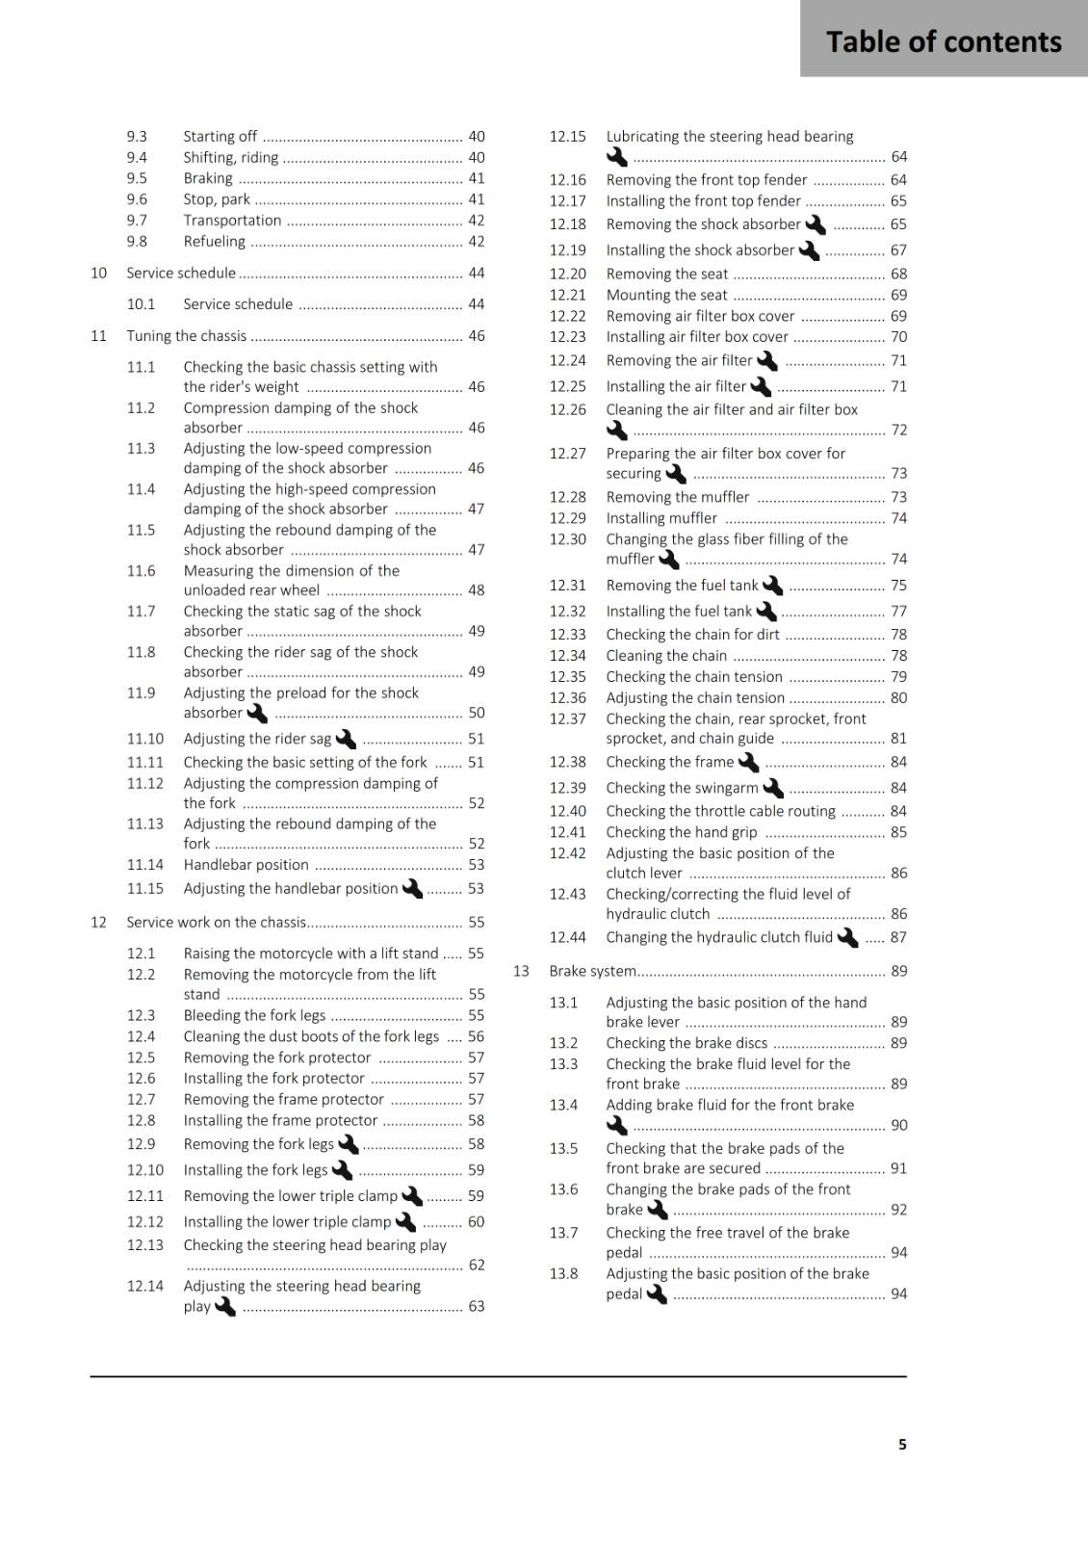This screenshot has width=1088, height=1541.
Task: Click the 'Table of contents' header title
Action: [x=943, y=41]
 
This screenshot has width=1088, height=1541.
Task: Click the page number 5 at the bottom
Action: [x=902, y=1444]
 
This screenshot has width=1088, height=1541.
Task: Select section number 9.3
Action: [x=137, y=137]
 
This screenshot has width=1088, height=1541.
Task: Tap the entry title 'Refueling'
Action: [x=214, y=242]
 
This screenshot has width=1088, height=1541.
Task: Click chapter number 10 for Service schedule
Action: [x=98, y=274]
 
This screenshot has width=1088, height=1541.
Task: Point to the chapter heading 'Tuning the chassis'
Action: [x=186, y=336]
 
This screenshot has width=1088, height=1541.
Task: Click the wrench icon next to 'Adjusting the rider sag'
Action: [x=346, y=739]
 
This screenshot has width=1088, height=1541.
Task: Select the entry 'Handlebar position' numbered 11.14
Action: [x=246, y=865]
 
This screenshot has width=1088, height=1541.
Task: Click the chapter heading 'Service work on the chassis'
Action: [x=216, y=923]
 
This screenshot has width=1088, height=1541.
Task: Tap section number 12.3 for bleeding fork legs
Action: [x=141, y=1016]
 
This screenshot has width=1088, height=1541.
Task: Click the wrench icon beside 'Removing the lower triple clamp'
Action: [x=412, y=1195]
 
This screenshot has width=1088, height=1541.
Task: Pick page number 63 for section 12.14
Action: [x=477, y=1307]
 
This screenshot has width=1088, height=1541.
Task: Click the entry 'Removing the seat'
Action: [x=666, y=274]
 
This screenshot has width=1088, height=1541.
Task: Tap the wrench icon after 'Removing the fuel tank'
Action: [x=772, y=586]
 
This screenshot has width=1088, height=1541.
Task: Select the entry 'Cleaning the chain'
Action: [x=666, y=656]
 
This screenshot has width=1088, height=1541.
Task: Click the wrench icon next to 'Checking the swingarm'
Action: [x=773, y=788]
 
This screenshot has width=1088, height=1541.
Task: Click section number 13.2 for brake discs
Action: [x=563, y=1043]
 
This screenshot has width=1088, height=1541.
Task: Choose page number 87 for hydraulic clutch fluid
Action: [x=898, y=937]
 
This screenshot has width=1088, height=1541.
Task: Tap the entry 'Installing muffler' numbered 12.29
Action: [x=661, y=518]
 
